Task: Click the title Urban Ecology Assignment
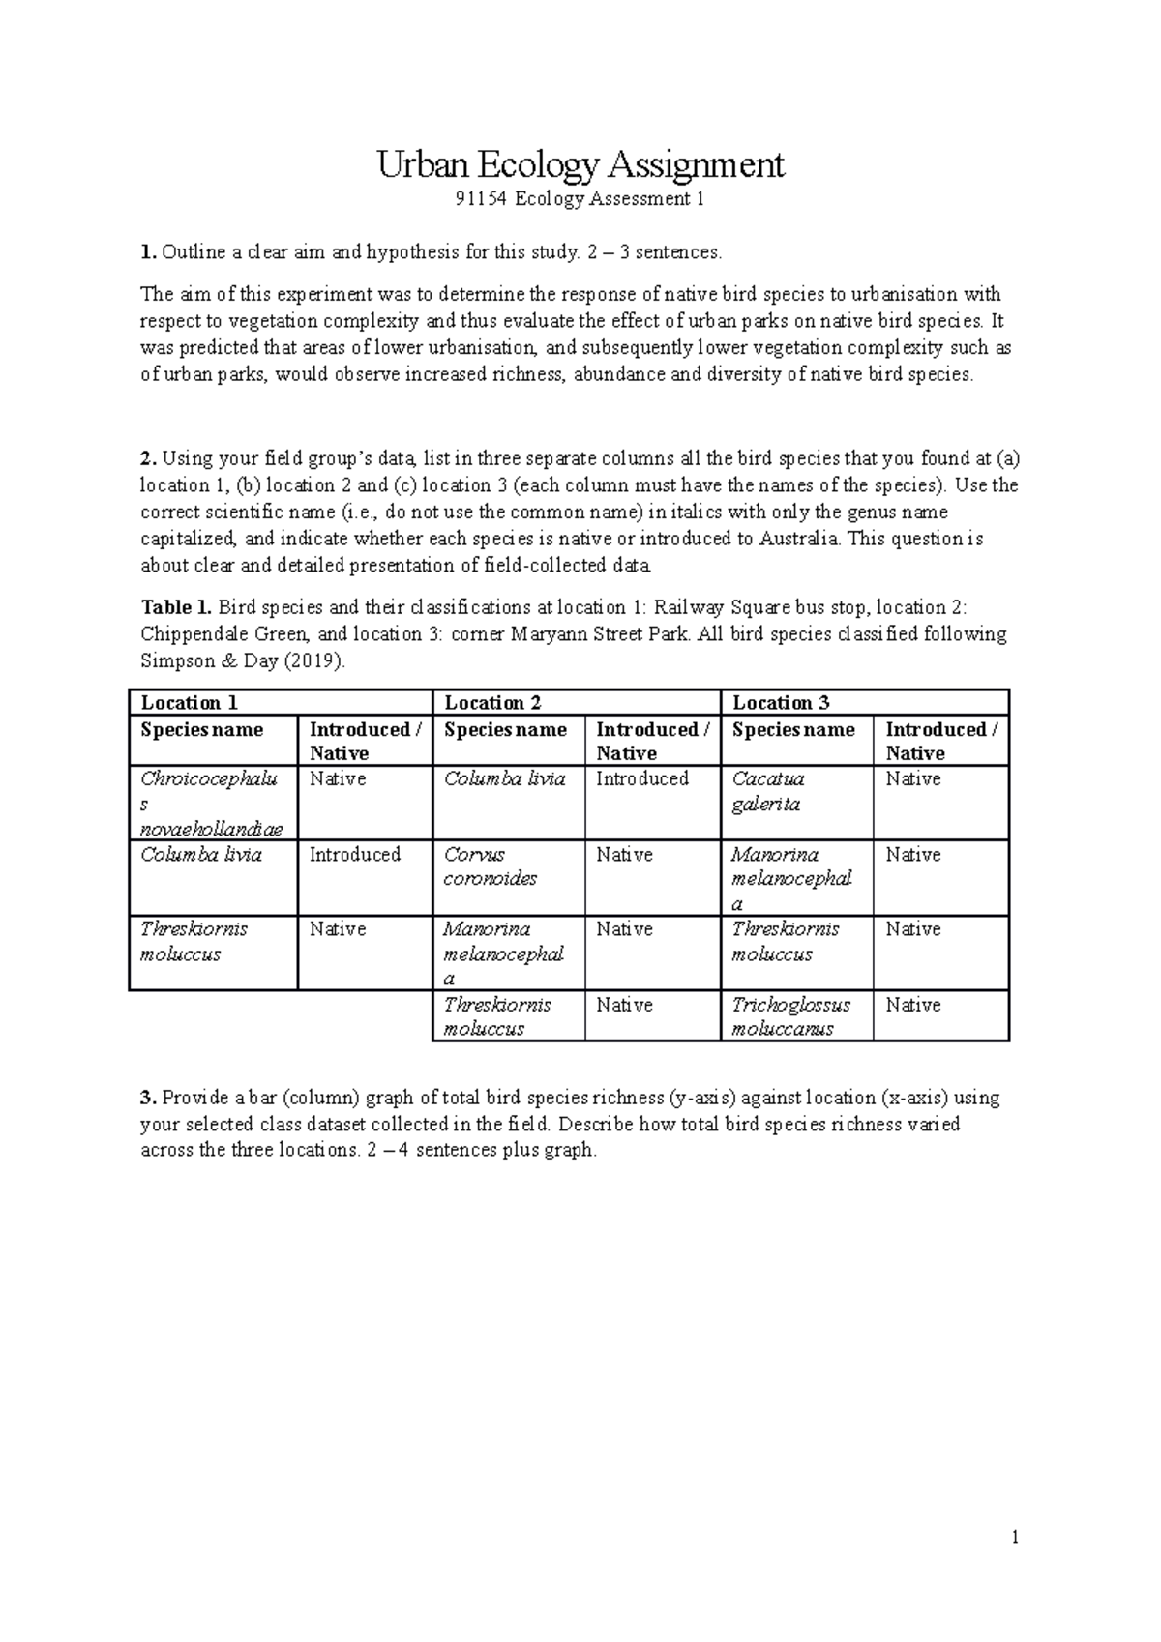(x=580, y=165)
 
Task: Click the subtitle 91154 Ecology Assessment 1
(x=580, y=200)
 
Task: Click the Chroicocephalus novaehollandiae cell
(x=212, y=804)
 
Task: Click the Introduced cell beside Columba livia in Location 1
(x=354, y=855)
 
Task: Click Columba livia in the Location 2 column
(x=504, y=778)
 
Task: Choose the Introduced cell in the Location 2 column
(x=642, y=778)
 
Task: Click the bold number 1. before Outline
(x=148, y=252)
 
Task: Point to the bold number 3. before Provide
(x=148, y=1098)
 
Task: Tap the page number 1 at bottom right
(x=1015, y=1538)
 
